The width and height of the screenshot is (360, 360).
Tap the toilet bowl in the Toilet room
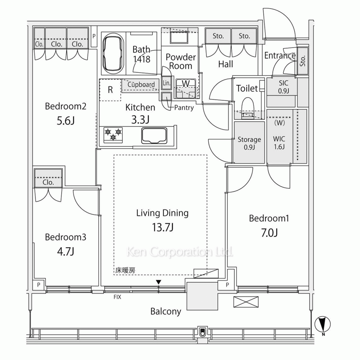click(x=248, y=108)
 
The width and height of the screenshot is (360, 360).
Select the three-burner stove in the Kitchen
click(x=113, y=135)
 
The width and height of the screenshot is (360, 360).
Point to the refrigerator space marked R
click(x=110, y=90)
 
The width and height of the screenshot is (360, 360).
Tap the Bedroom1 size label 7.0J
click(x=269, y=233)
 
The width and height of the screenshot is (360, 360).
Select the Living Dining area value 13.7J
click(x=162, y=227)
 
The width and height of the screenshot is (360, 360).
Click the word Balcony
click(x=166, y=311)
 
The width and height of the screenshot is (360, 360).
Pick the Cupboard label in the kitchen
click(x=141, y=85)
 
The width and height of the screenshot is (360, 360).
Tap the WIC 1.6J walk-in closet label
click(x=279, y=143)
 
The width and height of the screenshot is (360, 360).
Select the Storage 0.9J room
click(x=249, y=142)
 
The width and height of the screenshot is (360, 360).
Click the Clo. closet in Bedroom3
click(x=48, y=178)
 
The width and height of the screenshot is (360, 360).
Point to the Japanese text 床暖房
click(x=125, y=270)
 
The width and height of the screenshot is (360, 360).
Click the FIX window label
click(x=117, y=297)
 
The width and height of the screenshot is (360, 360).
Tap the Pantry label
click(x=184, y=107)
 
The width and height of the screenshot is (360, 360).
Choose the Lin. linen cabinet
click(x=166, y=83)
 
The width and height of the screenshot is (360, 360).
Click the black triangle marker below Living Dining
click(x=158, y=282)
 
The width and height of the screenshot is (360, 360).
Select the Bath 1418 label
click(x=141, y=54)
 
